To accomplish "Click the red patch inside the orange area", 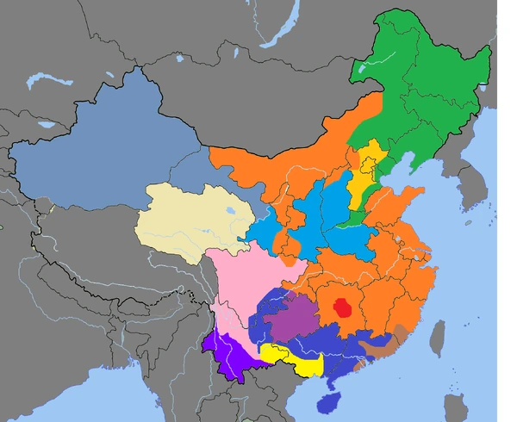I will pyautogui.click(x=344, y=307).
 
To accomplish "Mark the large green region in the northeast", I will pyautogui.click(x=422, y=95).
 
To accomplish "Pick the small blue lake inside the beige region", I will pyautogui.click(x=230, y=208).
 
